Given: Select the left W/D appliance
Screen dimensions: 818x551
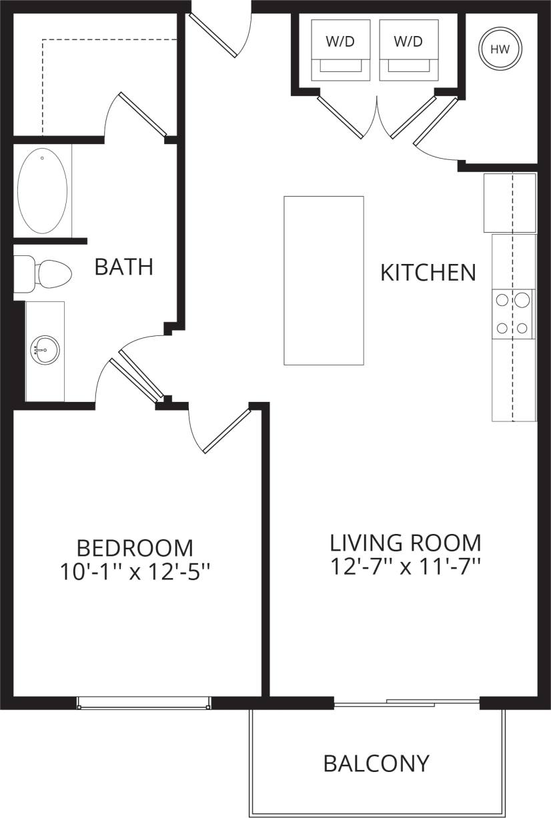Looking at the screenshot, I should click(340, 49).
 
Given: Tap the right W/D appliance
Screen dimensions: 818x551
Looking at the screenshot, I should click(408, 49).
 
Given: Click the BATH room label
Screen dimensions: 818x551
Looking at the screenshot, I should click(124, 267).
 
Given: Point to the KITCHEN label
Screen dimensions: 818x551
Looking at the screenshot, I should click(428, 272).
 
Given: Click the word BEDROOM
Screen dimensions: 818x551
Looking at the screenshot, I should click(135, 548).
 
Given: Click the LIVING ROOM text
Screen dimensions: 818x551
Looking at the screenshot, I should click(406, 542).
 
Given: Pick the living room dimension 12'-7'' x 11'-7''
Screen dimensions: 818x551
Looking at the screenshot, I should click(406, 566).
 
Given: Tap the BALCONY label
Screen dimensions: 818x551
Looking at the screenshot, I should click(376, 763).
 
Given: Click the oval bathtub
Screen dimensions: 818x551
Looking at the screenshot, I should click(42, 190).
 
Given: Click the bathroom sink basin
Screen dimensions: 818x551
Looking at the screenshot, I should click(45, 350).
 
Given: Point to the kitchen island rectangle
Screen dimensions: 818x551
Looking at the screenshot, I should click(324, 280).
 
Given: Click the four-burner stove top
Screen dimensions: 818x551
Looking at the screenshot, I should click(513, 313).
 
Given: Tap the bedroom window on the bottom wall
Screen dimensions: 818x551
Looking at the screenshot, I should click(143, 702).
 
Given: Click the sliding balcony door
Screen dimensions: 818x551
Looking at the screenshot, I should click(407, 702).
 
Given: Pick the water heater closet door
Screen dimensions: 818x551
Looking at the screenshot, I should click(436, 122).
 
